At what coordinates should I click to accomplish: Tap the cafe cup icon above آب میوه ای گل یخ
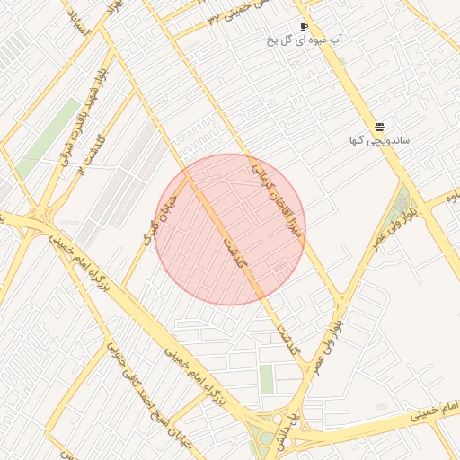305,26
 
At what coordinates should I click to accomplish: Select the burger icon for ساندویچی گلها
379,128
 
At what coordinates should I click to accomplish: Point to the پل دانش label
285,429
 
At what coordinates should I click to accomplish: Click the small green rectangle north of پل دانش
267,378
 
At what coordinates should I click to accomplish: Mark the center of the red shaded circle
230,229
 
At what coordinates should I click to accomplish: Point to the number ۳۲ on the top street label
213,19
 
